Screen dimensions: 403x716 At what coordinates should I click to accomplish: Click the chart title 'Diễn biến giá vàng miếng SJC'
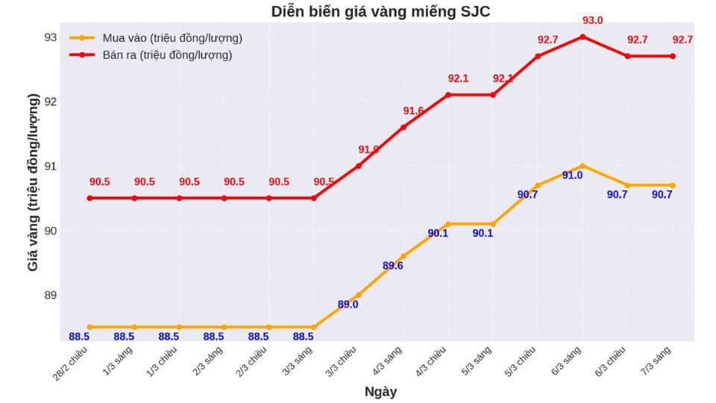click(x=380, y=12)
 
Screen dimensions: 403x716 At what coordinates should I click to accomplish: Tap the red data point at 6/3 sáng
click(x=582, y=37)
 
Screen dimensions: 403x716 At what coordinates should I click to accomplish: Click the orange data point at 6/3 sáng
click(x=582, y=166)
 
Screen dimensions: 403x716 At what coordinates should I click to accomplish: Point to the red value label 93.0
click(x=593, y=21)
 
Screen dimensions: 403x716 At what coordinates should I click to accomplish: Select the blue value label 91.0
click(x=572, y=175)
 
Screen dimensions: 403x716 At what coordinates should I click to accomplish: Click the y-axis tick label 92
click(x=50, y=101)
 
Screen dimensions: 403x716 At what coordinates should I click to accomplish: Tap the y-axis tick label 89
click(x=50, y=295)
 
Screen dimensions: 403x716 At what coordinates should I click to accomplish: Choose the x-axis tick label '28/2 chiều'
click(x=72, y=360)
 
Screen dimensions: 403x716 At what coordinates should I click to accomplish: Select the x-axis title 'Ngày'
click(x=380, y=392)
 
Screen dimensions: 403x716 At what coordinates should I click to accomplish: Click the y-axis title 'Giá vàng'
click(x=34, y=182)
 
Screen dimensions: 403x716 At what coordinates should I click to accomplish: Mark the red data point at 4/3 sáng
click(x=403, y=127)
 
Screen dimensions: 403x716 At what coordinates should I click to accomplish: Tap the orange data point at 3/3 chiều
click(x=359, y=295)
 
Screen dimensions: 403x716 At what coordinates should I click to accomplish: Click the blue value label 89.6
click(x=393, y=266)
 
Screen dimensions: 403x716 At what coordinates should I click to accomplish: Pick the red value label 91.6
click(x=413, y=111)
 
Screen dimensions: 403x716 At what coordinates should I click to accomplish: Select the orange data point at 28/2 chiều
click(x=89, y=327)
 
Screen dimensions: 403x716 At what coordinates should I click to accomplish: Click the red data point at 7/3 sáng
click(x=672, y=56)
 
